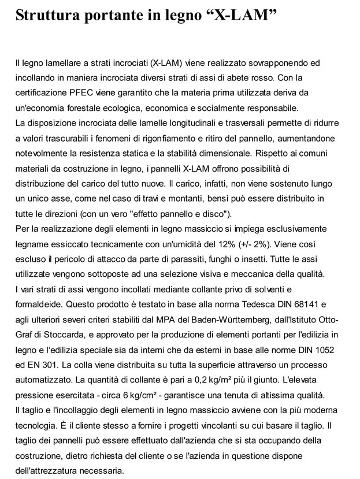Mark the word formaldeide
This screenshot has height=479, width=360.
point(39,303)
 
